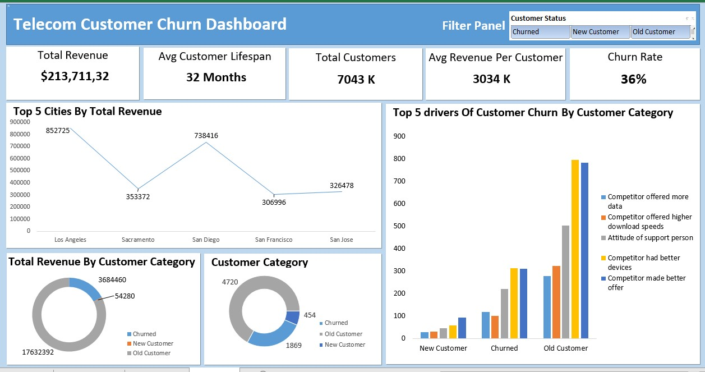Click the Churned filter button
pos(541,32)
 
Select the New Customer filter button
pos(600,32)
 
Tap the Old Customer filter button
pos(660,32)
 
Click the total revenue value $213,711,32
pos(75,76)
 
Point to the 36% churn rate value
pos(633,79)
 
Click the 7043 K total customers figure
pos(356,79)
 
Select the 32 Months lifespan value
pos(216,77)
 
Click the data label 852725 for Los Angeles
pos(58,130)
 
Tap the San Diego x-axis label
pos(205,240)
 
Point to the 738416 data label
pos(206,135)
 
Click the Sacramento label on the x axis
pos(138,240)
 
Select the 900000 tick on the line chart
pos(20,122)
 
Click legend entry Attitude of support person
pos(650,238)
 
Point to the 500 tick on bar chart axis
pos(399,226)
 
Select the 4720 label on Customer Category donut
pos(231,282)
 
